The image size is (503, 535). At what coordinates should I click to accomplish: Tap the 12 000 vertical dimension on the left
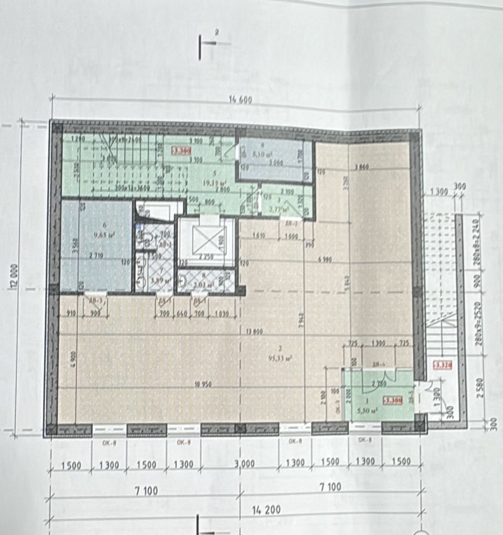(15, 276)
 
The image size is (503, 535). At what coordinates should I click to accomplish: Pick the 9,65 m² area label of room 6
(100, 235)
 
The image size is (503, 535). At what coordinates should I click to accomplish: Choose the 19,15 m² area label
(214, 183)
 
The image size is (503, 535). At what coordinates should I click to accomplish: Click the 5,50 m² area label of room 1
(368, 411)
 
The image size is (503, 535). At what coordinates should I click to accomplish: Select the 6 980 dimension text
(324, 260)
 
